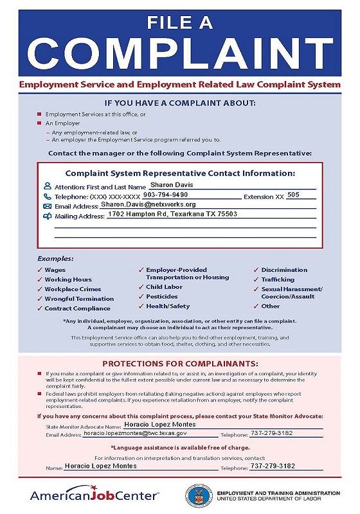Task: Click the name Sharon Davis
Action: [x=166, y=184]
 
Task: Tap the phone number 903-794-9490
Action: [x=165, y=194]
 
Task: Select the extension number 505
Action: [x=293, y=194]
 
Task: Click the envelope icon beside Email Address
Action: [x=47, y=206]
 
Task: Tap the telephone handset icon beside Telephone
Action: [x=47, y=196]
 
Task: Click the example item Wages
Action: [x=55, y=270]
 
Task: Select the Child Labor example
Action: [x=164, y=287]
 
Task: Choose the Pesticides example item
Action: [x=163, y=296]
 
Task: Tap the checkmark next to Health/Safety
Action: [x=141, y=306]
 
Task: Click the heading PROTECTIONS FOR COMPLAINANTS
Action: [x=180, y=363]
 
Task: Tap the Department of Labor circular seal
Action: [x=199, y=495]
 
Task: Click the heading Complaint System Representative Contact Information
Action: [x=180, y=173]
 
